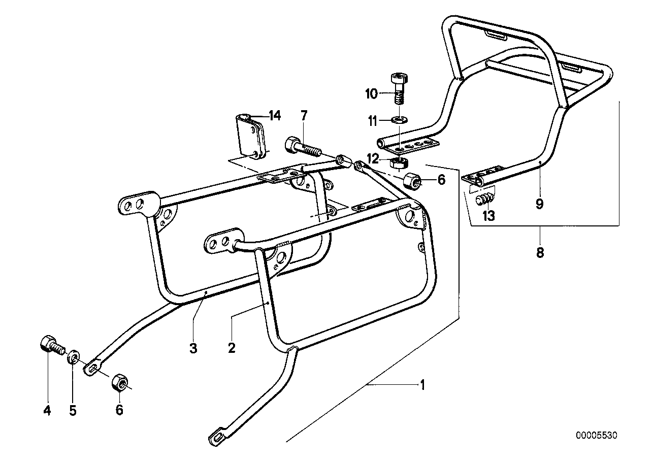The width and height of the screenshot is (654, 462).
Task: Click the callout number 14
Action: (275, 116)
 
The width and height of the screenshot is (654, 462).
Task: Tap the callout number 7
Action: (304, 116)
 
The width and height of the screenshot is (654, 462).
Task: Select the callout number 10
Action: (371, 93)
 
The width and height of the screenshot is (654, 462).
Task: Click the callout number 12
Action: (374, 159)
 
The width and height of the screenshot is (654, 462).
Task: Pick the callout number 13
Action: (488, 216)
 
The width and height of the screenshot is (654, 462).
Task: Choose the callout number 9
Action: (539, 204)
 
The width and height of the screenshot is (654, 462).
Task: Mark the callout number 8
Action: (540, 252)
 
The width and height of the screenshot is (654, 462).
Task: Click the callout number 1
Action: (421, 385)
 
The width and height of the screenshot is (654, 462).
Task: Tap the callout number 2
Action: (232, 348)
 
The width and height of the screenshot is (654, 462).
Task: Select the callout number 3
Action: (193, 348)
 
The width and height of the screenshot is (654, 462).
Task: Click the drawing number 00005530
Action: (597, 435)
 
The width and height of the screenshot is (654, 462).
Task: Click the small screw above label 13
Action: (486, 199)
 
